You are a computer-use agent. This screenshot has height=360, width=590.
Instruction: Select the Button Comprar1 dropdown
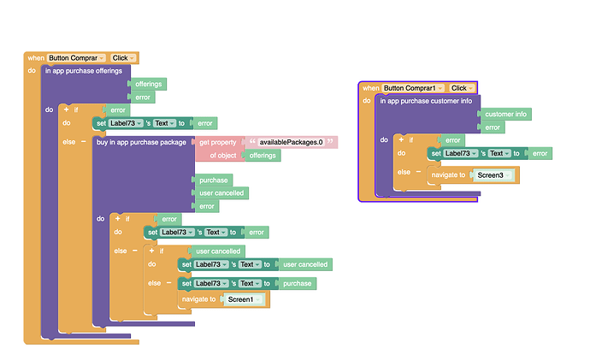click(414, 88)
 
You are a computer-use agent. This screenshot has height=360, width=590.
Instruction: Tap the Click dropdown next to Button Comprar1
click(459, 88)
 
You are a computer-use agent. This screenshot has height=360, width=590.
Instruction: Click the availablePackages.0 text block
click(291, 142)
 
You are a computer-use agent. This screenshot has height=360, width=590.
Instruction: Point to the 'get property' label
click(217, 142)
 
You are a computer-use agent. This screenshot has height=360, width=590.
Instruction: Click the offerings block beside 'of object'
click(263, 156)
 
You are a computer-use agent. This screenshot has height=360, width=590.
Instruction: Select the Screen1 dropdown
click(244, 299)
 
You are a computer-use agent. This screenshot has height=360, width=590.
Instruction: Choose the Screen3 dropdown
click(494, 175)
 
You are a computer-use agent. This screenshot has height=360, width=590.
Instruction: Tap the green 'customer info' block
click(506, 114)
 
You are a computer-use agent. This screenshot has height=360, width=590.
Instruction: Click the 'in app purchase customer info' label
click(426, 100)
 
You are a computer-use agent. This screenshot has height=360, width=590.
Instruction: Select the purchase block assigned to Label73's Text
click(298, 283)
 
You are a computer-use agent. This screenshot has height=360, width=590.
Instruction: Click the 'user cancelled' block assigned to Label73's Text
click(305, 265)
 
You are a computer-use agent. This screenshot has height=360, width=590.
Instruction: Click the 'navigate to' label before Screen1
click(199, 299)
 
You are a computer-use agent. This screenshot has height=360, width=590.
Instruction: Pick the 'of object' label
click(222, 156)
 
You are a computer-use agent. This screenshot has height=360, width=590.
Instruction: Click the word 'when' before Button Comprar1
click(370, 88)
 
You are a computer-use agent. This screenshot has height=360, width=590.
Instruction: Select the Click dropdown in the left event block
click(122, 58)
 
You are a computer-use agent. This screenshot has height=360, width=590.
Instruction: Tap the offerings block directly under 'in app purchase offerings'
click(149, 85)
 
